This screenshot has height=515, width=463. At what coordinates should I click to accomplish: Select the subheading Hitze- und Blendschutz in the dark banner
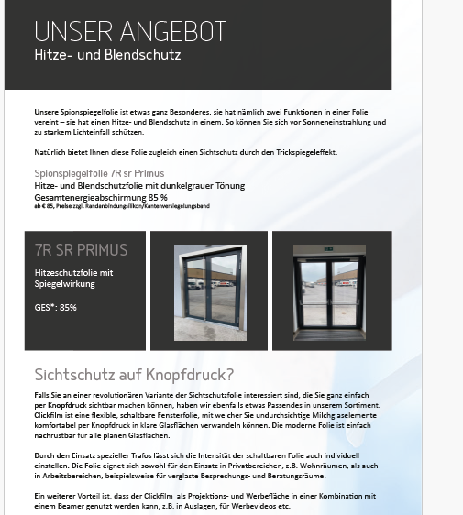tap(107, 55)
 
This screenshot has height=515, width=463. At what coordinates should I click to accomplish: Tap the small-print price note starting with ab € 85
tap(121, 206)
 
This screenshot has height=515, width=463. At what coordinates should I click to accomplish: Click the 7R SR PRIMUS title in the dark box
tap(81, 249)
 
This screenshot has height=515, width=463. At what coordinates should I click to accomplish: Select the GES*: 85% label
tap(55, 307)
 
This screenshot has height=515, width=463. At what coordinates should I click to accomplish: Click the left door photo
tap(208, 290)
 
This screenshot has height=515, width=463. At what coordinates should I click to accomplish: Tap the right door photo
tap(329, 290)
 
